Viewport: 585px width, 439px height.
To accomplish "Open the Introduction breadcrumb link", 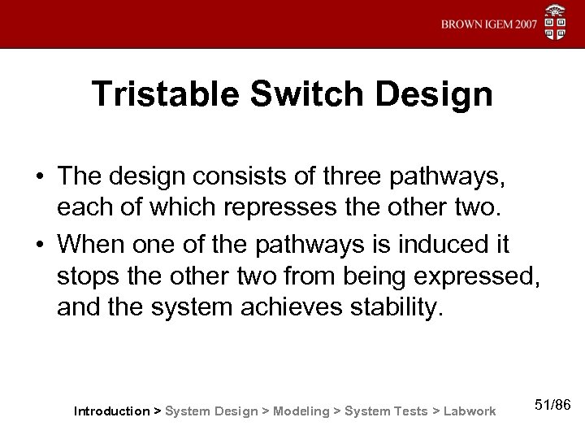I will [111, 411].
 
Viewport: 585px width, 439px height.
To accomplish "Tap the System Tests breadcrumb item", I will [385, 411].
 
